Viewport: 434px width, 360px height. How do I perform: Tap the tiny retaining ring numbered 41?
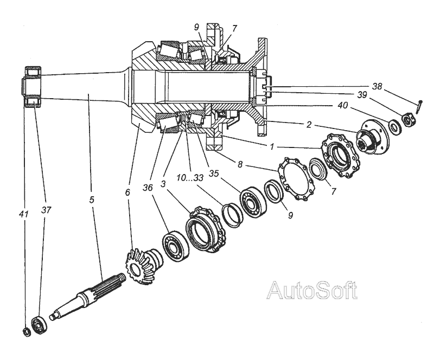25,332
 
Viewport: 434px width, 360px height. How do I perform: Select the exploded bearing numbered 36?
175,246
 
